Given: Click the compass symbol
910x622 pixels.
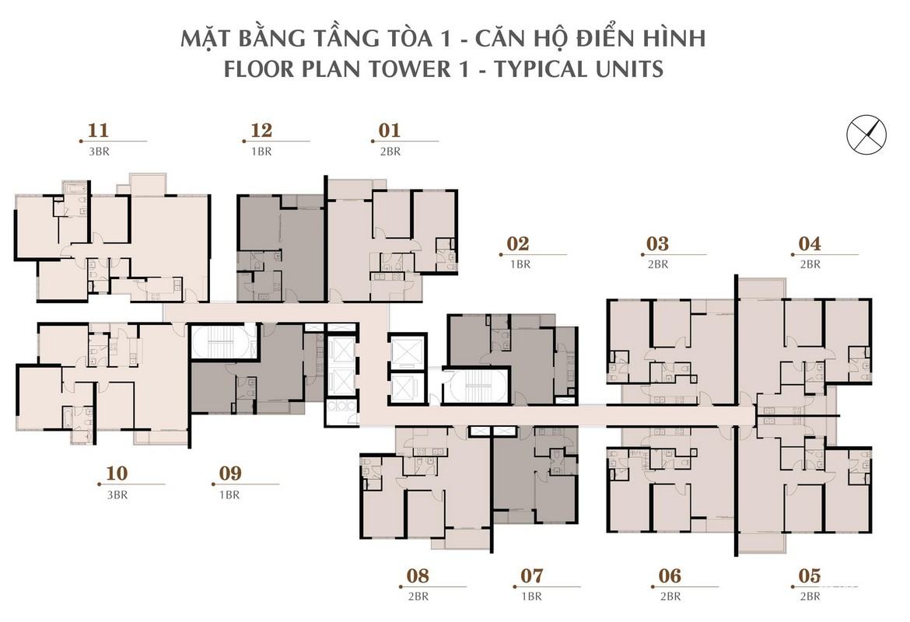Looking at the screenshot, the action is pyautogui.click(x=866, y=135).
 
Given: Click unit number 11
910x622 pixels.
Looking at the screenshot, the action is pyautogui.click(x=98, y=131).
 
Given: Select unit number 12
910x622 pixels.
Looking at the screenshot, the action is pyautogui.click(x=261, y=131).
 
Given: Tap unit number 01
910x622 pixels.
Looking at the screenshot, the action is pyautogui.click(x=390, y=131).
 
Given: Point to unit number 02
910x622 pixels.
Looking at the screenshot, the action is pyautogui.click(x=518, y=243).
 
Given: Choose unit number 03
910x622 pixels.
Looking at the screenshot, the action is pyautogui.click(x=657, y=243).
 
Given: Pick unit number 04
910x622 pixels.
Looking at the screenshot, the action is pyautogui.click(x=810, y=243).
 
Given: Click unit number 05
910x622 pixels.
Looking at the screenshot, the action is pyautogui.click(x=810, y=575).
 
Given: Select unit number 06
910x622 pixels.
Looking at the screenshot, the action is pyautogui.click(x=670, y=575).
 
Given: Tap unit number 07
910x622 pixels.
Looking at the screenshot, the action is pyautogui.click(x=531, y=575).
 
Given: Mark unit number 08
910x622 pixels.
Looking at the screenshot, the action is pyautogui.click(x=418, y=575).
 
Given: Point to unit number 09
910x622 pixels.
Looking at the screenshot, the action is pyautogui.click(x=230, y=473).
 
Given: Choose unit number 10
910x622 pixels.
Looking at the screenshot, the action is pyautogui.click(x=117, y=473).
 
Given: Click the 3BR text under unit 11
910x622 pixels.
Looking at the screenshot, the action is pyautogui.click(x=99, y=152).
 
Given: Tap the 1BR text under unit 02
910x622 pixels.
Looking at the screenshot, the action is pyautogui.click(x=520, y=264).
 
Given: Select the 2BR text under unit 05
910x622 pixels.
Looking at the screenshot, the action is pyautogui.click(x=810, y=596).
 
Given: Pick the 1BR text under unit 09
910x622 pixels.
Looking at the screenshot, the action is pyautogui.click(x=229, y=495).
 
